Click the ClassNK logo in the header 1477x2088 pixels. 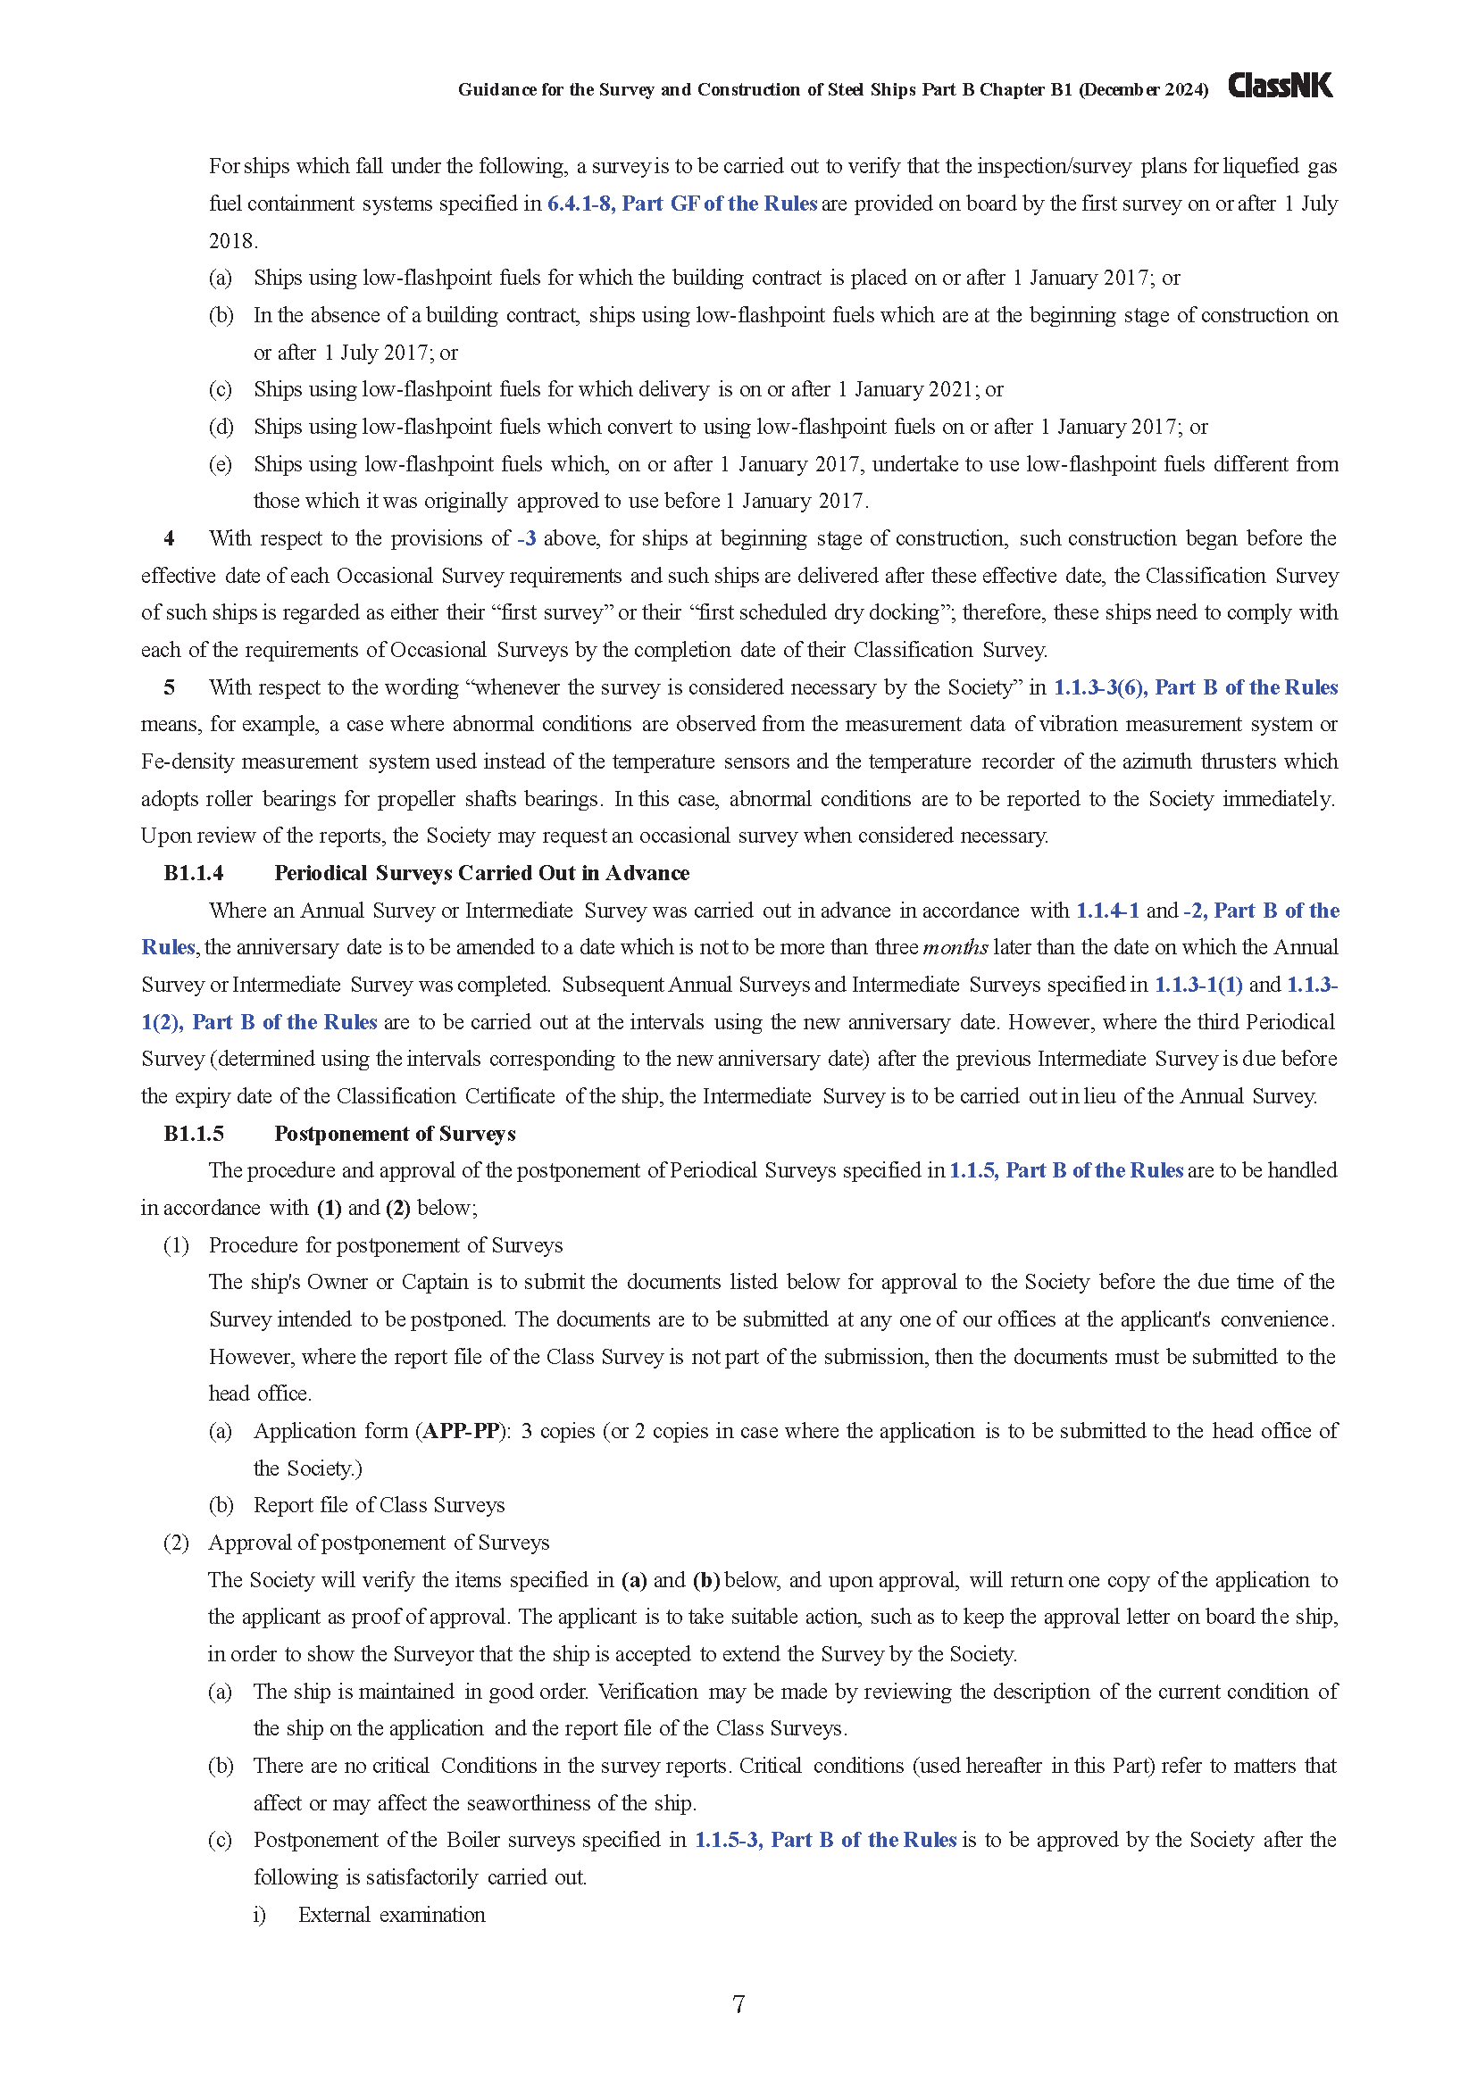[1280, 86]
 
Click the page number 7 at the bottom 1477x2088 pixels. [738, 2003]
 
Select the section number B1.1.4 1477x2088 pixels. [194, 873]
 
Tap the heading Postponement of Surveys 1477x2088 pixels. [395, 1133]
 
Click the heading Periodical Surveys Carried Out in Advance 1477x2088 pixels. [481, 873]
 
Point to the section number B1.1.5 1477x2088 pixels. [194, 1133]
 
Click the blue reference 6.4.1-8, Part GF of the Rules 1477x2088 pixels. [682, 204]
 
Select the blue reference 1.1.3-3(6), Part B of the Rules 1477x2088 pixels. [1195, 687]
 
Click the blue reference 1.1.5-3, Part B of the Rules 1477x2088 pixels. [825, 1840]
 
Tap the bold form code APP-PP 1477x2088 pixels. [462, 1430]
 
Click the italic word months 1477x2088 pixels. [955, 948]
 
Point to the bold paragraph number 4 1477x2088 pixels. [169, 538]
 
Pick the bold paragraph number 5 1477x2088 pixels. [169, 687]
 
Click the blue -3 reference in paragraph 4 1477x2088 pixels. [527, 538]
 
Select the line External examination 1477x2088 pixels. [391, 1914]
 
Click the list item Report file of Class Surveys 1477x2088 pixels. [379, 1505]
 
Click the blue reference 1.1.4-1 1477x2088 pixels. [1106, 911]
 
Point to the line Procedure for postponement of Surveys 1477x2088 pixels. [386, 1245]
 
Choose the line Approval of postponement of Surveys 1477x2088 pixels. [379, 1543]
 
